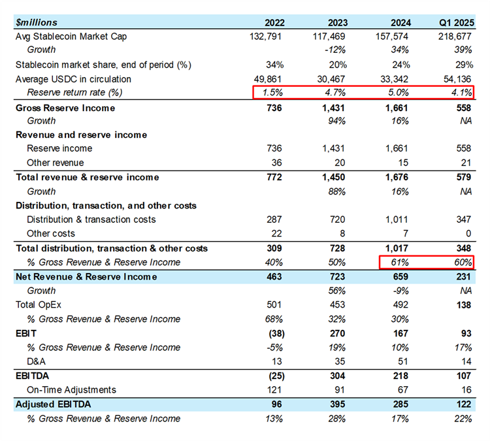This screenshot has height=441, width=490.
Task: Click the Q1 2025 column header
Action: coord(455,22)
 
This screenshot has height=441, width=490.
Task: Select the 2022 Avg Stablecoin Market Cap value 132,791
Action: coord(266,36)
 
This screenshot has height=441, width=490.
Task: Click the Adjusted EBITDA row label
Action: coord(53,404)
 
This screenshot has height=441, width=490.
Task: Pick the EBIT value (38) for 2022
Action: coord(270,333)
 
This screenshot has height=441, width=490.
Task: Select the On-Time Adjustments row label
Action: coord(71,390)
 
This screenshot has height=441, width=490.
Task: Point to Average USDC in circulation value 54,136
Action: coord(456,78)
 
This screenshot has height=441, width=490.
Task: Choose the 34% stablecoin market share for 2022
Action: coord(274,65)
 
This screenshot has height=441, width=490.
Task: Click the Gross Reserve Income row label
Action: coord(65,108)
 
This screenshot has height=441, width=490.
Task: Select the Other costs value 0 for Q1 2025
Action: coord(468,233)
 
